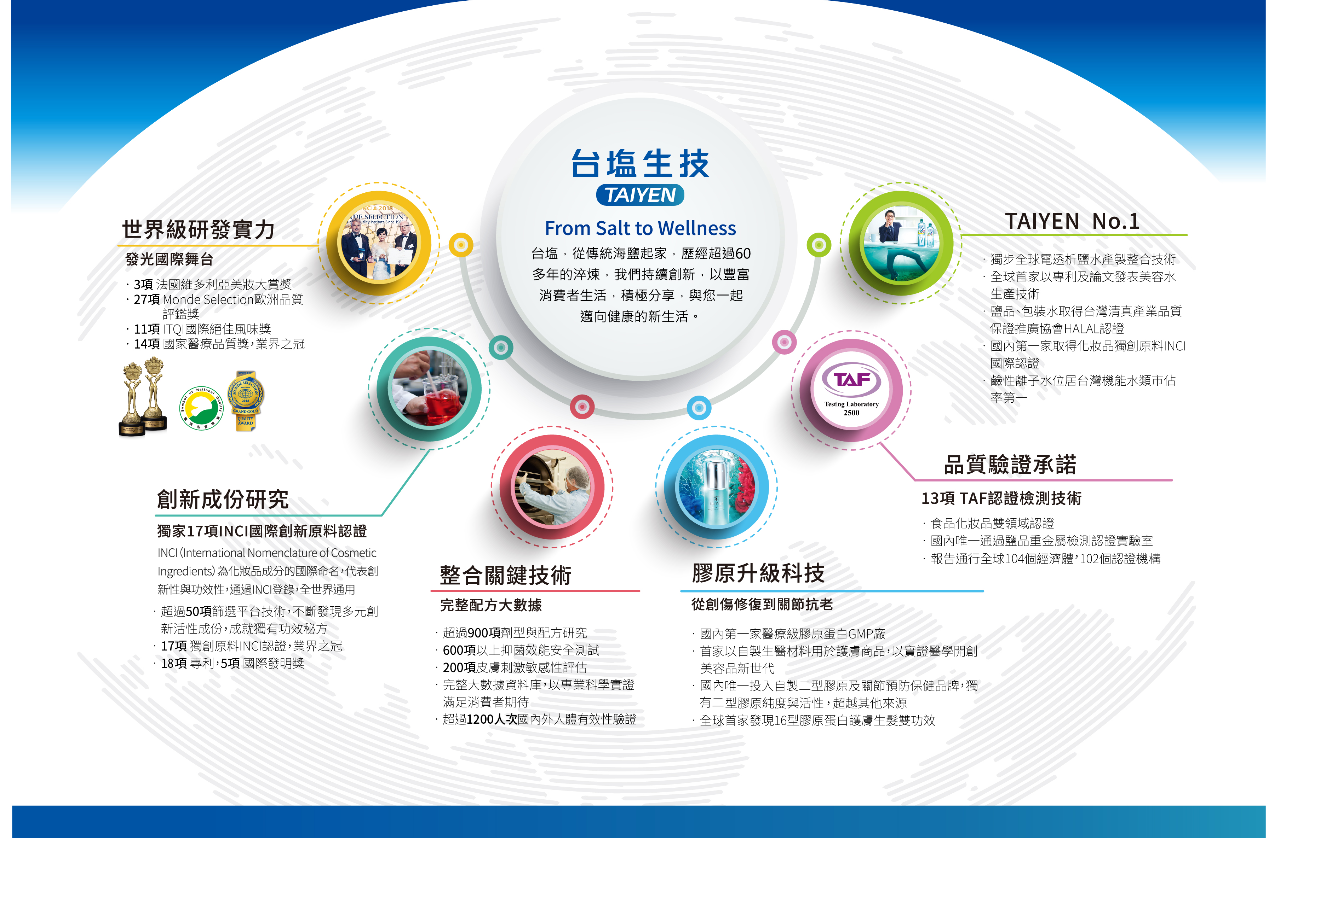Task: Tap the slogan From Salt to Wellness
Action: (x=640, y=228)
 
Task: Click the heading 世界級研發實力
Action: (x=198, y=230)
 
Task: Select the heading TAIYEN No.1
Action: (x=1072, y=221)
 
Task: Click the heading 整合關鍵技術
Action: (x=506, y=575)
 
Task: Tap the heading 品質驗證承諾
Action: (x=1010, y=465)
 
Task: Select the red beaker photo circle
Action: (x=429, y=389)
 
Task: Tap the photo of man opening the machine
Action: (x=552, y=488)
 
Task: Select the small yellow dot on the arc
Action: (x=461, y=245)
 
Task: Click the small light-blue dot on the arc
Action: (x=699, y=408)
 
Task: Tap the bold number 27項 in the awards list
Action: (x=147, y=299)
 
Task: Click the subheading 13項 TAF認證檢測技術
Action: (x=1001, y=498)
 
